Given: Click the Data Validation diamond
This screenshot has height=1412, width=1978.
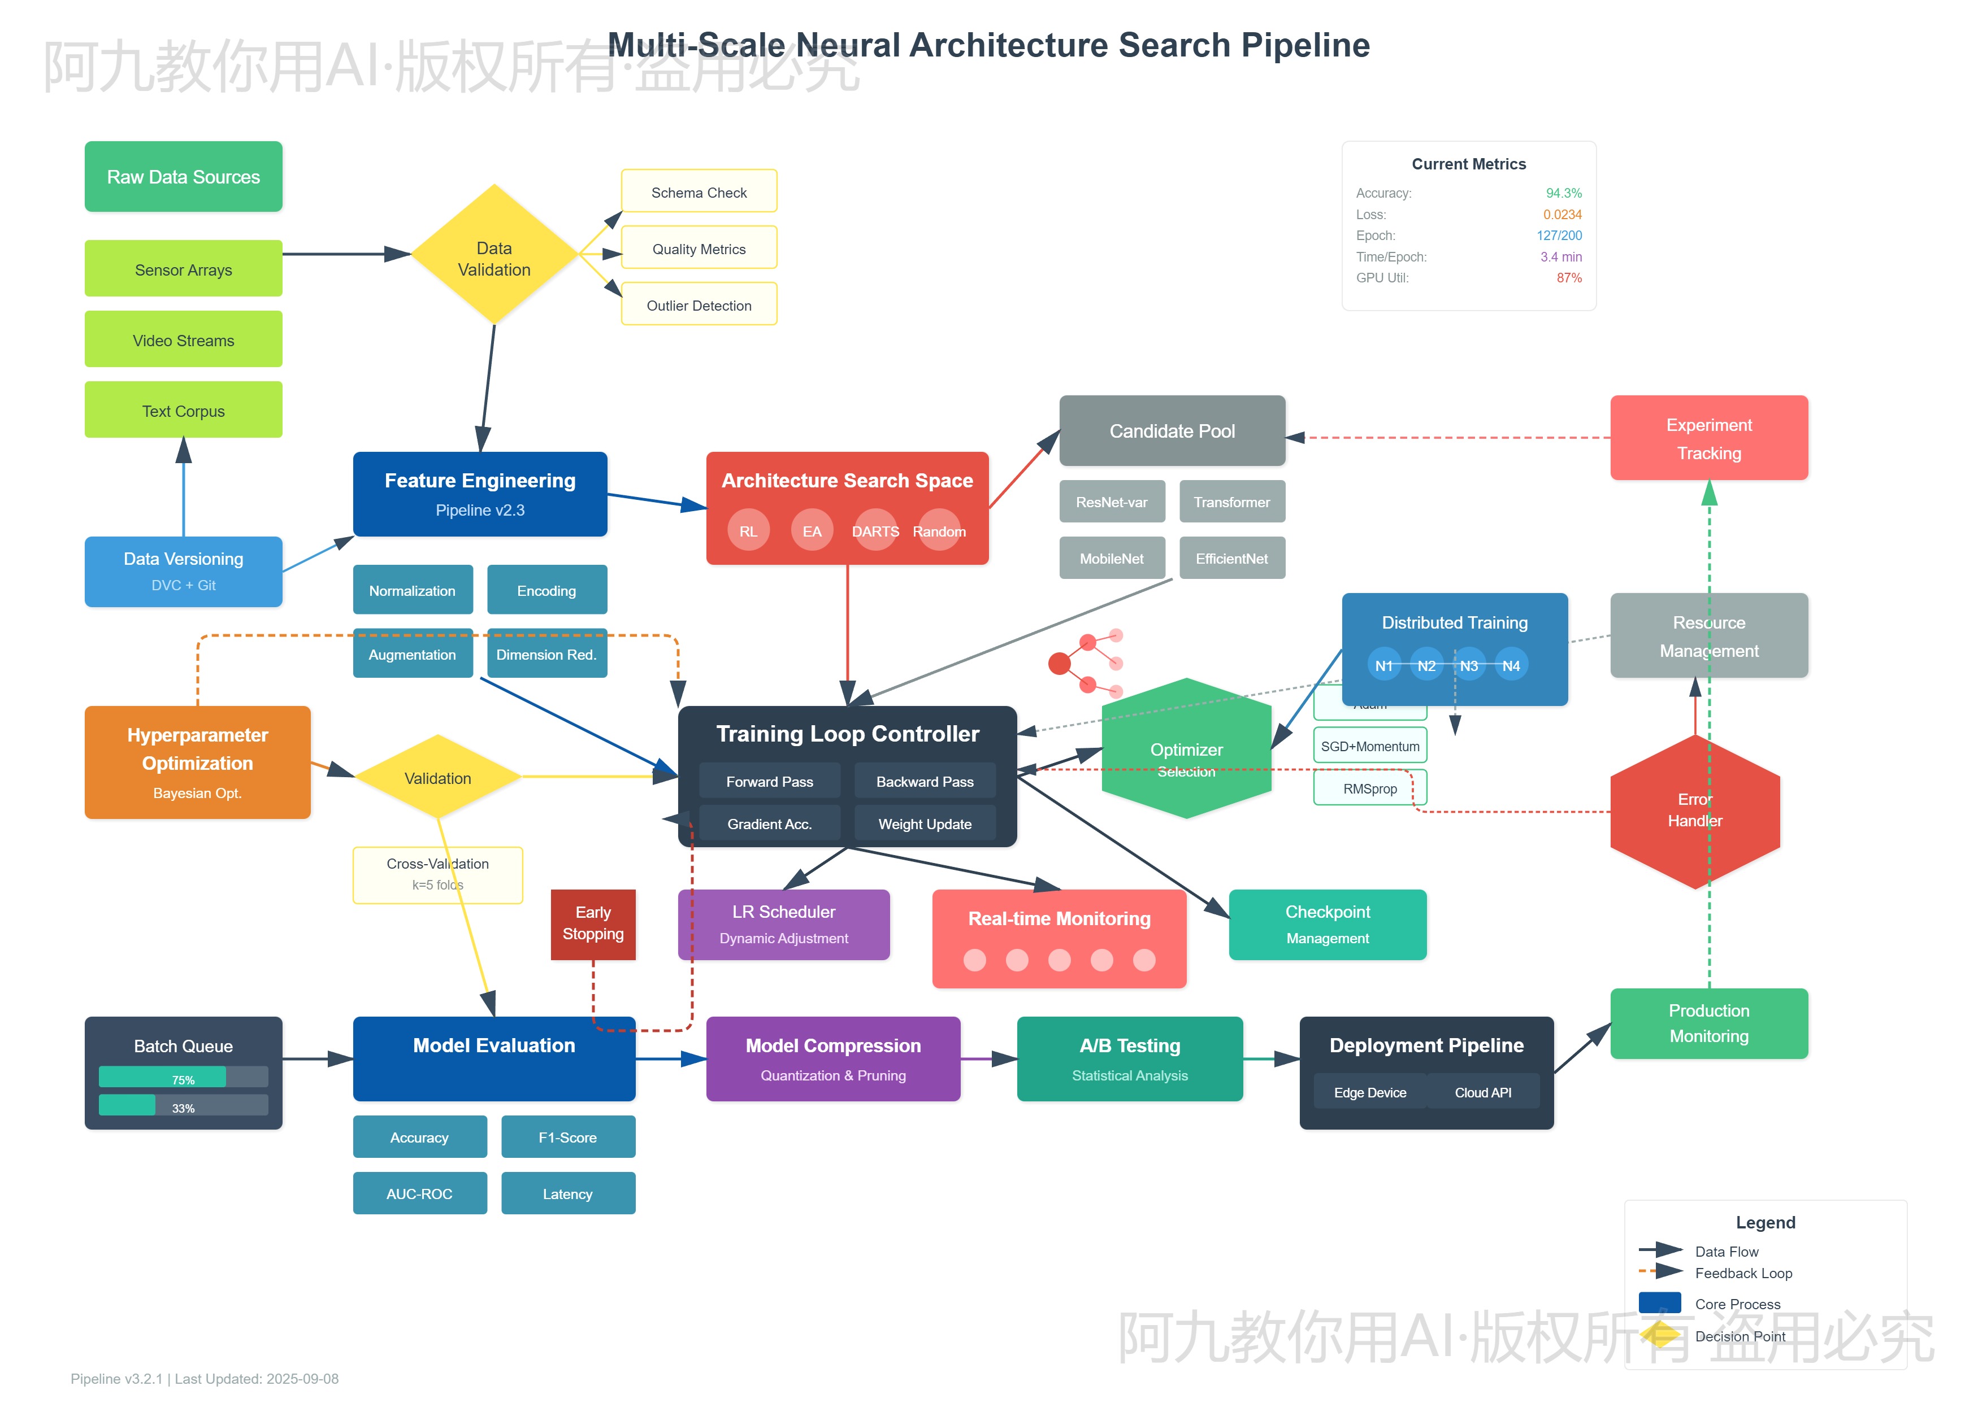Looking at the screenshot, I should click(x=494, y=255).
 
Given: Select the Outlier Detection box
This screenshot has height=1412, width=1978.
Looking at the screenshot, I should click(x=699, y=305).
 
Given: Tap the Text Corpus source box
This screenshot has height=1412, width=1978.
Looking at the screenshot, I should click(x=184, y=411).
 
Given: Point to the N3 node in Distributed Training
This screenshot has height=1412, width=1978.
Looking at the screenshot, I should click(x=1468, y=665).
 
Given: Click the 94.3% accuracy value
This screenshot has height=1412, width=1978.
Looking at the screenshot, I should click(x=1563, y=193).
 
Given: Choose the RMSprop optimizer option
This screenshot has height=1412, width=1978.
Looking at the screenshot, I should click(x=1369, y=788).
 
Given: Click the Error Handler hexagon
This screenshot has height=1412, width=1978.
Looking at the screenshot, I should click(x=1694, y=810).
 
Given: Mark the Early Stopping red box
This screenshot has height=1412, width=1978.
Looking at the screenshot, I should click(x=593, y=923).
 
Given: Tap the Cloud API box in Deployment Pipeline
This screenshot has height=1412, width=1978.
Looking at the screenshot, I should click(x=1482, y=1092).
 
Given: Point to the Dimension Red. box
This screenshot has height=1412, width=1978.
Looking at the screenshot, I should click(x=546, y=655).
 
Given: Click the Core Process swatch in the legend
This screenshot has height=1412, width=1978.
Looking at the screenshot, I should click(x=1659, y=1302).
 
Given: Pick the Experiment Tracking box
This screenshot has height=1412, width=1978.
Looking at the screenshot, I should click(x=1708, y=438).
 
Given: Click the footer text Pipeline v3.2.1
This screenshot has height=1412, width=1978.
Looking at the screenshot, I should click(x=116, y=1379).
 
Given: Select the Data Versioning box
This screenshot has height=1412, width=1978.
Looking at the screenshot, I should click(x=184, y=570).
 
